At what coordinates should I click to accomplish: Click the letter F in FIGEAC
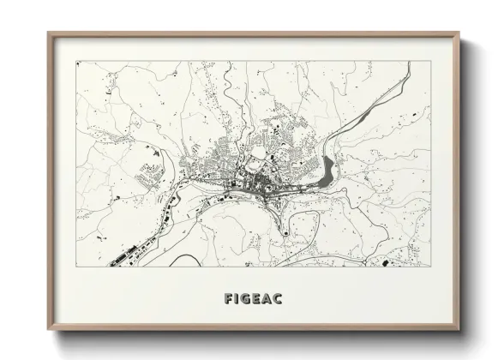(227, 299)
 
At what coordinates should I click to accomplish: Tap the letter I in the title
(237, 299)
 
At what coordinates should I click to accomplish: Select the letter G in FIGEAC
(248, 299)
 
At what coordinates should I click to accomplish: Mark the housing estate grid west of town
(152, 177)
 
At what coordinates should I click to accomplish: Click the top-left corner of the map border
(76, 61)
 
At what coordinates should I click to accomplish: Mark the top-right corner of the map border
(430, 61)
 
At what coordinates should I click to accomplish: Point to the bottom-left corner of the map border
(76, 268)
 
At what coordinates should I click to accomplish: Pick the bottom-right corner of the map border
(430, 268)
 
